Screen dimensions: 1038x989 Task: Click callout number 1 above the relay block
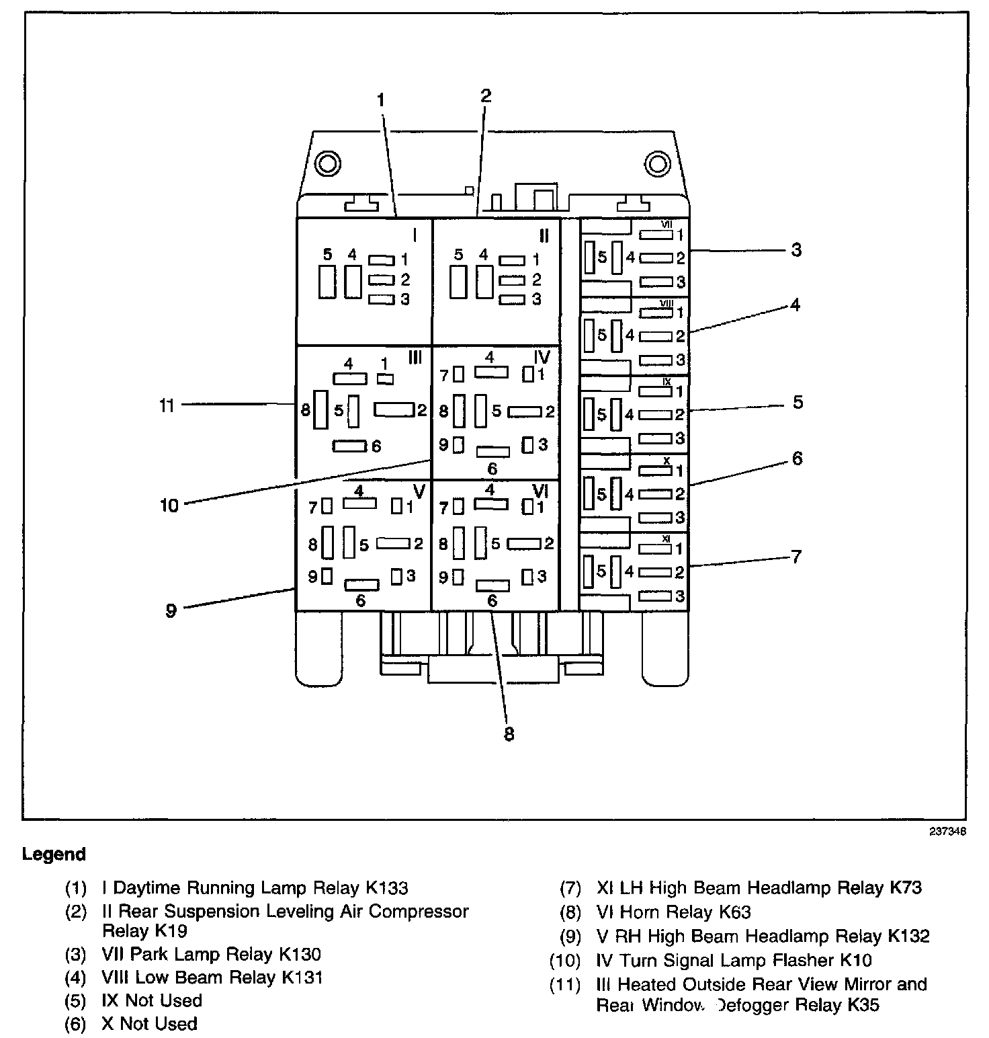380,101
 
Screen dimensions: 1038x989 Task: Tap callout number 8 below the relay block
509,734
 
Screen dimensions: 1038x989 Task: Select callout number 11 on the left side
167,406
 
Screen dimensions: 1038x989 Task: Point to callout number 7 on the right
796,557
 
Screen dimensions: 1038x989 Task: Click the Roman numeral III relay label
415,358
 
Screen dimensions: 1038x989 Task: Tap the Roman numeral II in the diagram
544,235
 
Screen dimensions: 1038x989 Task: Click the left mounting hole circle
329,163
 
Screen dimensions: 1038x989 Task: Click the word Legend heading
54,854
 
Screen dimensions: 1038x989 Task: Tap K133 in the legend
387,888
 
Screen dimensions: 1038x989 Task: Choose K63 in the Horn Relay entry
734,912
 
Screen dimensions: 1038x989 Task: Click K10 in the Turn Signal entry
855,960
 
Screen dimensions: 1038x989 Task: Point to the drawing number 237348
948,831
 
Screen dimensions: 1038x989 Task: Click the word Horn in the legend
641,912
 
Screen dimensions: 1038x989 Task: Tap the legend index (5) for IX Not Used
76,1001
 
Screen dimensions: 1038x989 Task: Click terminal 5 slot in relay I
327,282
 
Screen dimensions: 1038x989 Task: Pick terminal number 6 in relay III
376,446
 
